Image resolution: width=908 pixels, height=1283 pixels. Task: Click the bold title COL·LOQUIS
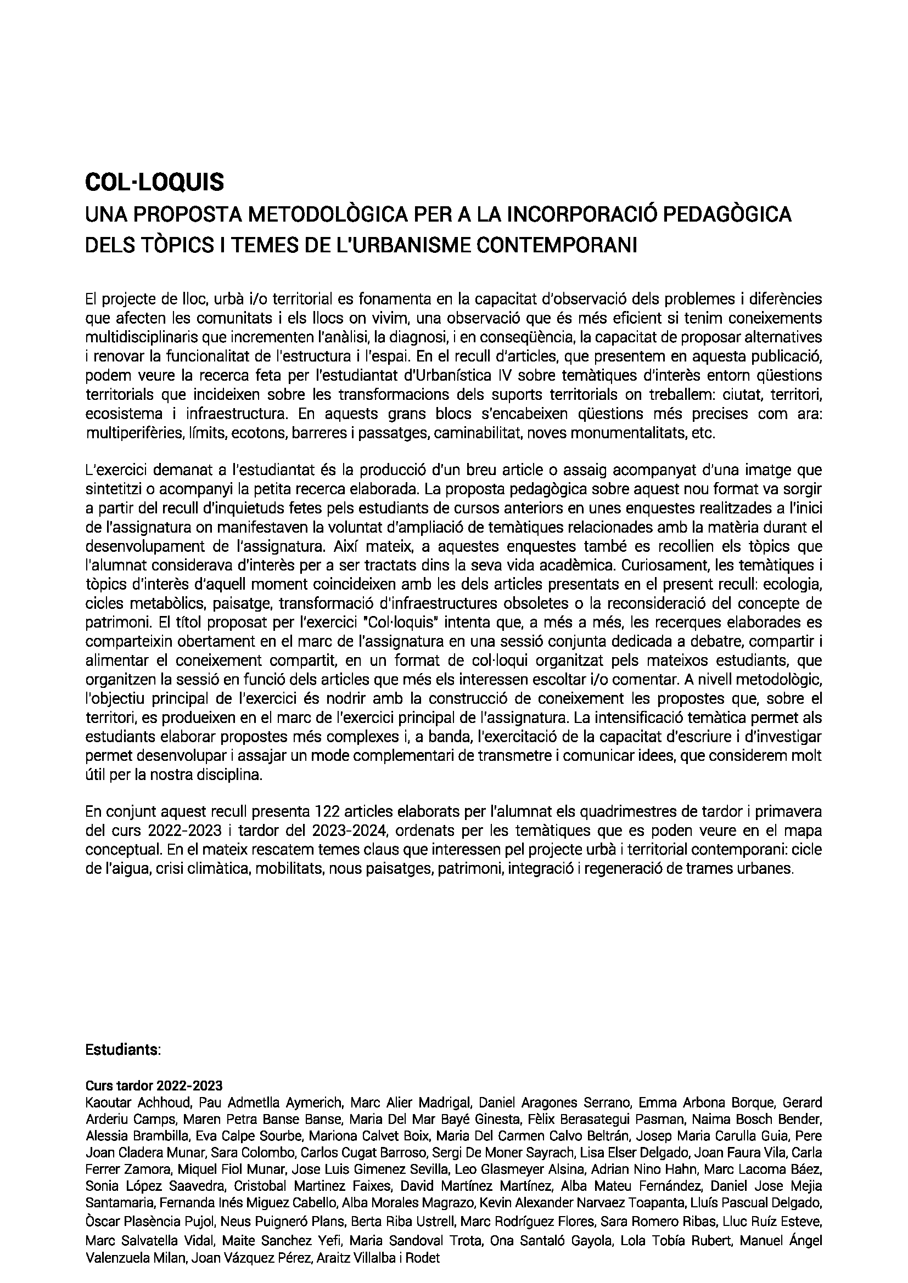tap(154, 182)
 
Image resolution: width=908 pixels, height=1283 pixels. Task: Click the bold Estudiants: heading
tap(123, 1050)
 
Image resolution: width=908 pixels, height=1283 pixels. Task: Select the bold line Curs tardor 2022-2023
tap(154, 1086)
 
